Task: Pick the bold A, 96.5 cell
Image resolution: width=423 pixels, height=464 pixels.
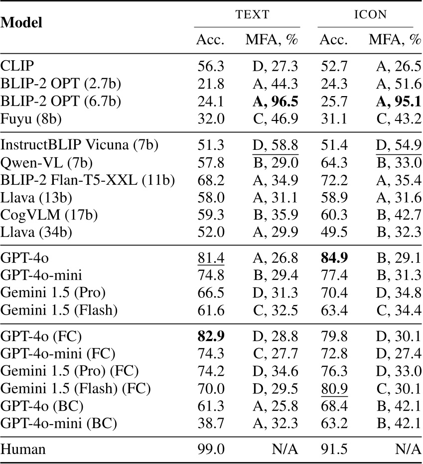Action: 272,102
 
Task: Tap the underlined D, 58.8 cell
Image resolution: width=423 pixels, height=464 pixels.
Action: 272,145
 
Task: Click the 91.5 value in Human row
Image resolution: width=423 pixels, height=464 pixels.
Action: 334,450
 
